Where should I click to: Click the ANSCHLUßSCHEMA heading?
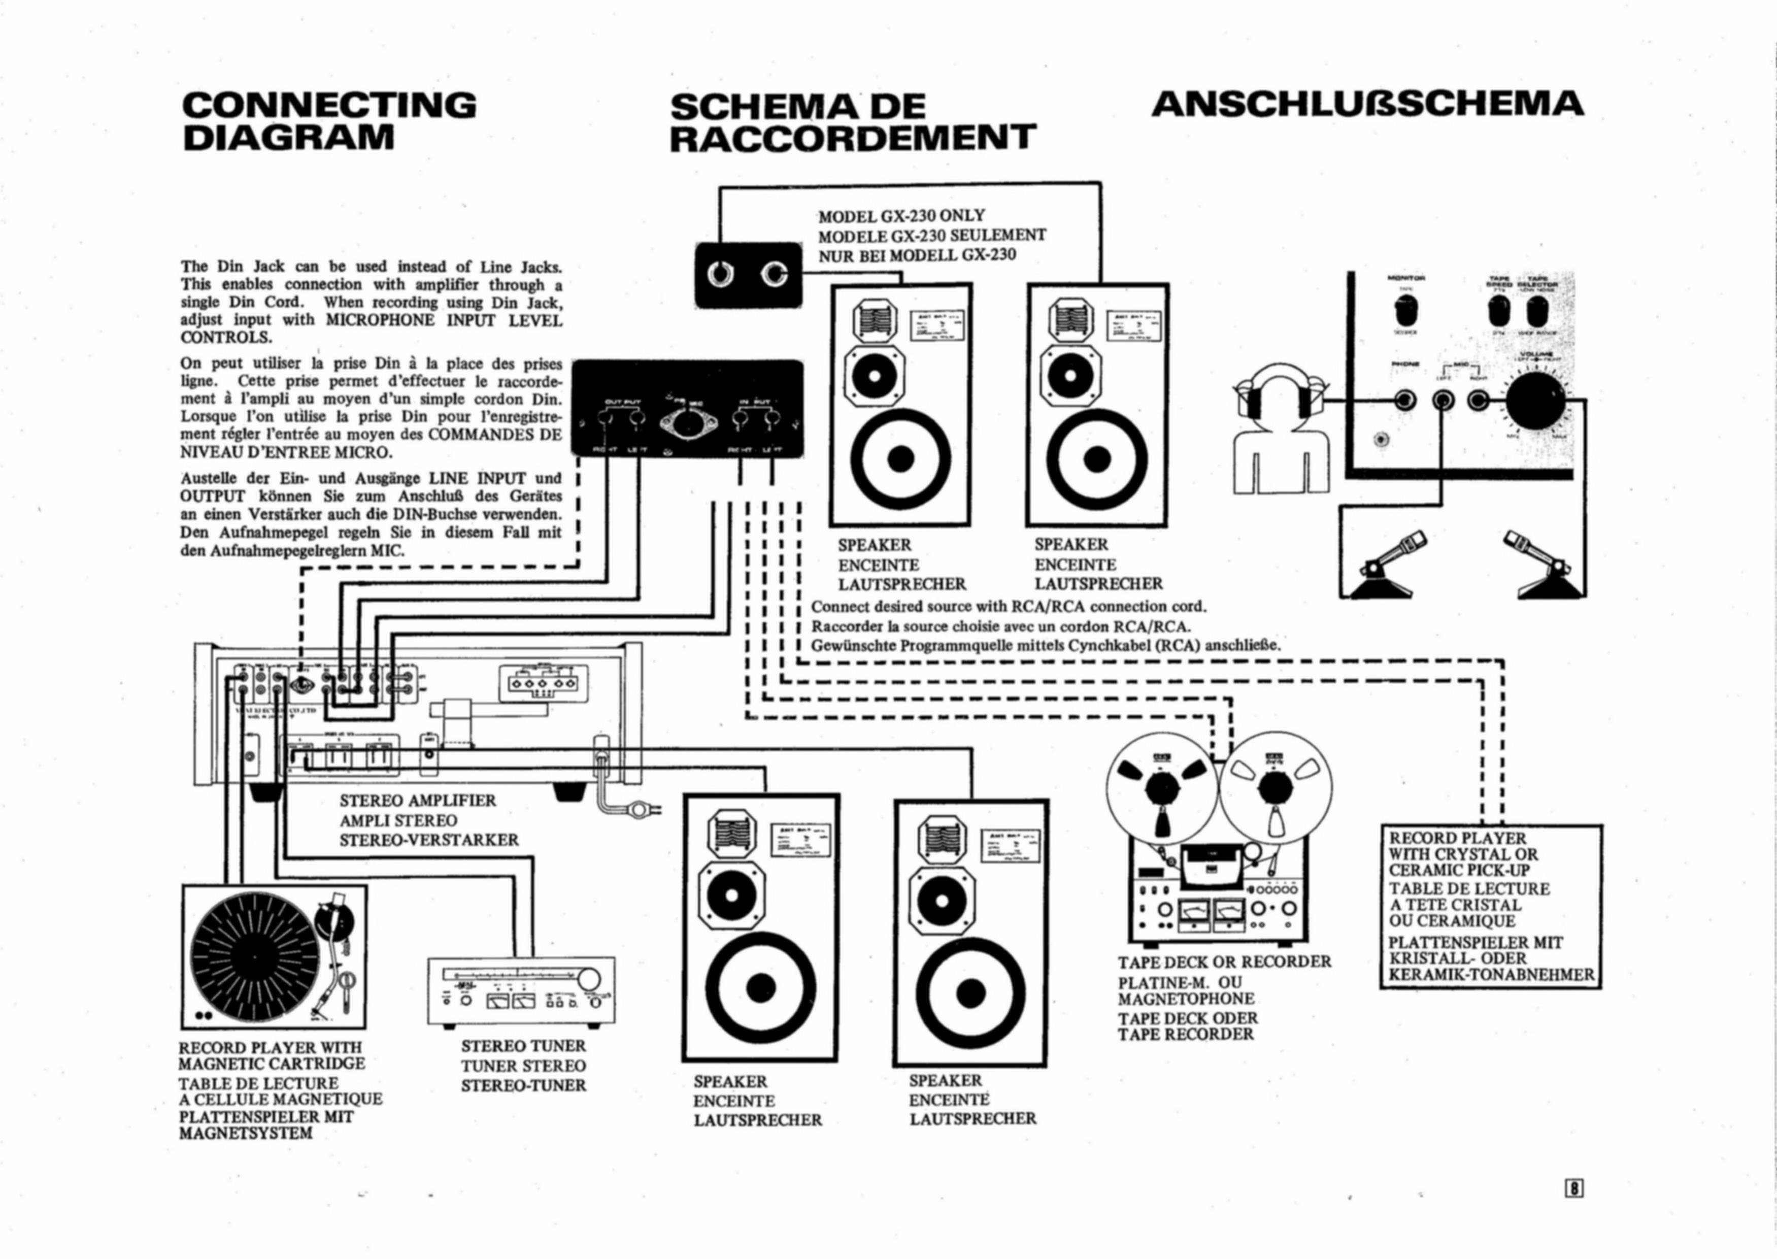(x=1367, y=104)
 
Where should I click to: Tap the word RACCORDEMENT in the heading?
(x=853, y=138)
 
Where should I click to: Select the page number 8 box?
(x=1574, y=1188)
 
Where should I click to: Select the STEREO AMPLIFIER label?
(x=418, y=801)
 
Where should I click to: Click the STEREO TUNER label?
(x=523, y=1047)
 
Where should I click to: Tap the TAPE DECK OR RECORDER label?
(x=1224, y=962)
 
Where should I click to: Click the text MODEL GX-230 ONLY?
(x=901, y=216)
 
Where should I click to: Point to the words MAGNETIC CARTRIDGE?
(x=271, y=1064)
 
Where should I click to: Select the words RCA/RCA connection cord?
(x=1109, y=606)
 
